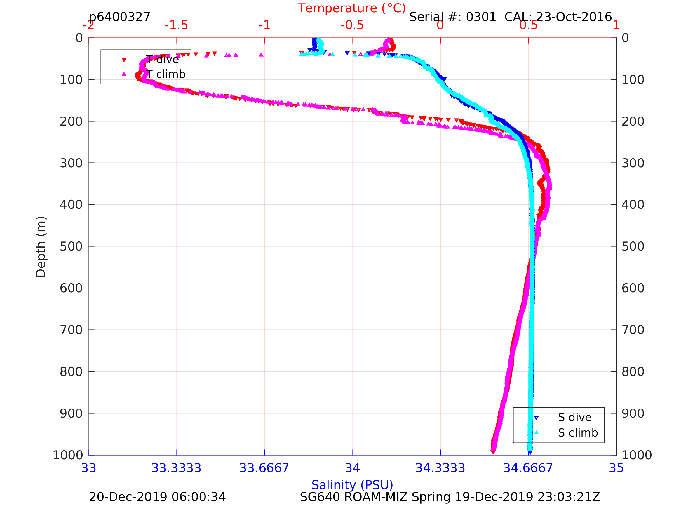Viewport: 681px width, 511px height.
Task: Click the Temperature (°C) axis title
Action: [351, 8]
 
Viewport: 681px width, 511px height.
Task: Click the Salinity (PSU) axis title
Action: [352, 485]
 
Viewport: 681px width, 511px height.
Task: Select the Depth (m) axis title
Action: [41, 247]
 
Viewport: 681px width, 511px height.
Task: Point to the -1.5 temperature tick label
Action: [176, 25]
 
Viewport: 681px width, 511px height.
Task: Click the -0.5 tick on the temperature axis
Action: [352, 25]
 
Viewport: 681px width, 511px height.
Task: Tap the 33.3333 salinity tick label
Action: [176, 468]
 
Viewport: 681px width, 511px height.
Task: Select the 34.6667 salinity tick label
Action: [528, 468]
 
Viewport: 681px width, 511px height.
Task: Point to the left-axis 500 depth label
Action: [71, 246]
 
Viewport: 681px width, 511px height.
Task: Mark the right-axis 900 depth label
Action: [633, 414]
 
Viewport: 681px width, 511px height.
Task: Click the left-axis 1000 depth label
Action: [68, 455]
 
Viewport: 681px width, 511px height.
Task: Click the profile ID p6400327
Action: [119, 17]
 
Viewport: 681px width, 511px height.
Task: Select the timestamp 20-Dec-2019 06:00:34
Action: [157, 497]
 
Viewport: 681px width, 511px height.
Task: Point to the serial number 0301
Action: [481, 17]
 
